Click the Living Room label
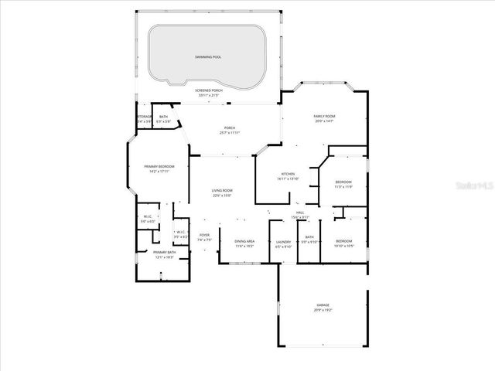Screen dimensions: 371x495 coord(223,190)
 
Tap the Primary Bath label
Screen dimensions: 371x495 coord(164,252)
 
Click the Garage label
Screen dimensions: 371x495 coord(323,305)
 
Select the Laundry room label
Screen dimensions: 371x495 coord(283,242)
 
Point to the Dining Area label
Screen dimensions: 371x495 coord(244,242)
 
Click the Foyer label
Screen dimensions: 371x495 coord(204,235)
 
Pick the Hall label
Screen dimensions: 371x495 coord(300,213)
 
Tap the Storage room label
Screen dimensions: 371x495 coord(144,117)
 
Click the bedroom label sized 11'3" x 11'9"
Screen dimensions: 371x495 coord(343,182)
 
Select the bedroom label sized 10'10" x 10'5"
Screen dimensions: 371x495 coord(344,241)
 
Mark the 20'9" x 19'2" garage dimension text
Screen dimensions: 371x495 coord(323,310)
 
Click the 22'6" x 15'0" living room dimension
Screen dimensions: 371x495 coord(223,195)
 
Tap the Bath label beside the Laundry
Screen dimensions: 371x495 coord(309,237)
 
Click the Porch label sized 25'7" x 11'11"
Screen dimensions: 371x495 coord(230,128)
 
